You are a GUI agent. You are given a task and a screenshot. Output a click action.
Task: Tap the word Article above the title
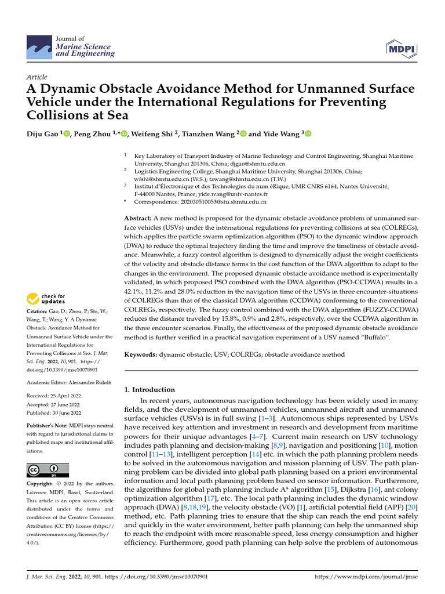[x=37, y=77]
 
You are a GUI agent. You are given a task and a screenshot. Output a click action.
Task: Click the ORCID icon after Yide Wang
[x=308, y=134]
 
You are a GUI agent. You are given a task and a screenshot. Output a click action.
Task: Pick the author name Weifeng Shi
[x=152, y=134]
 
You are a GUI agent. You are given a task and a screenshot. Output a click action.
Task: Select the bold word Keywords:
[x=141, y=354]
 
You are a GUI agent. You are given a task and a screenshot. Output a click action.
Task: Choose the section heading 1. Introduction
[x=150, y=390]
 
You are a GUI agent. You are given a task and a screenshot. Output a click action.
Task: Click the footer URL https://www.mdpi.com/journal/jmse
[x=366, y=577]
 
